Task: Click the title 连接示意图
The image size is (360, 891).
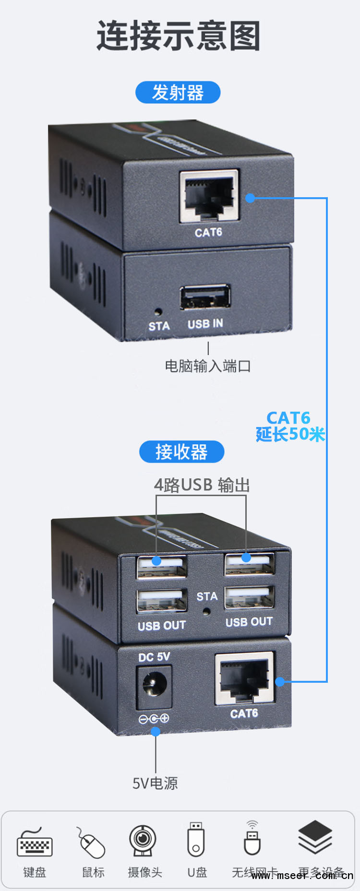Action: [179, 36]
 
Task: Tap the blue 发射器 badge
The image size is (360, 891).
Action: [178, 93]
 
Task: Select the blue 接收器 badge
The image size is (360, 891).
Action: [181, 452]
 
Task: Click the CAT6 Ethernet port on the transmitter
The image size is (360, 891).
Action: [209, 196]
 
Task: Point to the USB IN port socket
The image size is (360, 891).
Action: [205, 297]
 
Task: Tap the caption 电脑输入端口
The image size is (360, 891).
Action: [208, 367]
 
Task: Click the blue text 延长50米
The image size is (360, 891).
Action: [290, 435]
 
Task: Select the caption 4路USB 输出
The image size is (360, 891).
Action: [202, 485]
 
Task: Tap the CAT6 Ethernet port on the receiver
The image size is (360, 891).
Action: [244, 678]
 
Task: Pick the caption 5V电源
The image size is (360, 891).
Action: [155, 784]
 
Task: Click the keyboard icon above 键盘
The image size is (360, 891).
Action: [35, 843]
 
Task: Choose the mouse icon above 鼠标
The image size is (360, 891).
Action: [92, 843]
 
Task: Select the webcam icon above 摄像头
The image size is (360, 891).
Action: [143, 841]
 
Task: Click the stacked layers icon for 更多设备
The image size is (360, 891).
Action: [315, 837]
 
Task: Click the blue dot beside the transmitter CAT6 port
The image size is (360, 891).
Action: [250, 198]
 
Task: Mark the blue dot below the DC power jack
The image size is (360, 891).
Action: [156, 732]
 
